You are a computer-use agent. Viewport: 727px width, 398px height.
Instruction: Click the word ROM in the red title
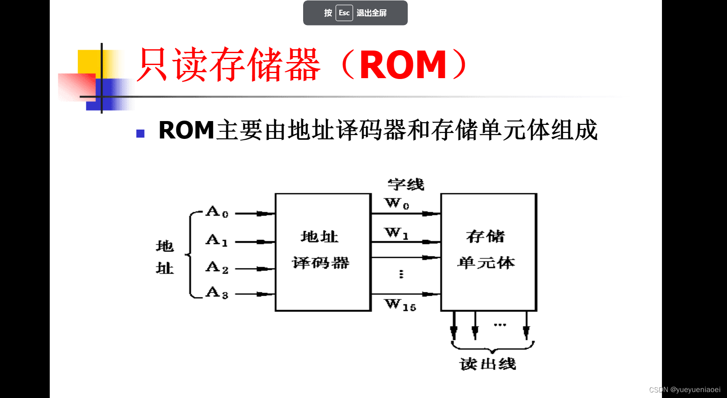(403, 65)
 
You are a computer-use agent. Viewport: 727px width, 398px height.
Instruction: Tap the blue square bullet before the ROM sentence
(140, 134)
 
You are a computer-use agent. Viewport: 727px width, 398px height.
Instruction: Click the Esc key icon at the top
(344, 13)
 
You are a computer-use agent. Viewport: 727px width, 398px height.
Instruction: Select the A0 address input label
(217, 212)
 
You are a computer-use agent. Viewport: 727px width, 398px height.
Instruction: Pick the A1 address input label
(217, 240)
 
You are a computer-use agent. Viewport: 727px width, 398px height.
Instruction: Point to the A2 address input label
(217, 267)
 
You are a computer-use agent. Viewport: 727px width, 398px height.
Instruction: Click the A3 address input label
(217, 292)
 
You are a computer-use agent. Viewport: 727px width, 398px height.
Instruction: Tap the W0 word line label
(397, 203)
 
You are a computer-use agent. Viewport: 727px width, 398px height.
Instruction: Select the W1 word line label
(396, 233)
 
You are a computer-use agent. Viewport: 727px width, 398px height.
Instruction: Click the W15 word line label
(400, 305)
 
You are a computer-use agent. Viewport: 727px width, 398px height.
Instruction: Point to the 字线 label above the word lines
(406, 184)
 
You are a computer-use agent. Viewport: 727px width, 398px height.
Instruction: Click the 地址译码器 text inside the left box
(320, 250)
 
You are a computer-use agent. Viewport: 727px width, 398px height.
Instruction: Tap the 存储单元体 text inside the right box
(486, 250)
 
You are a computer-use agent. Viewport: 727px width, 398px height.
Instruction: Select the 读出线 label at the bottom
(488, 364)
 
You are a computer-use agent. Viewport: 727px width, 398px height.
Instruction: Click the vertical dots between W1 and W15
(401, 274)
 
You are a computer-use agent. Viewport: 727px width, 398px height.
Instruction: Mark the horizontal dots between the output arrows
(500, 325)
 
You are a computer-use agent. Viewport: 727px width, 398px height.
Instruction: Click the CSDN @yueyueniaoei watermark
(684, 390)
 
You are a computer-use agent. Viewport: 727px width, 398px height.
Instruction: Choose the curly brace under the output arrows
(492, 347)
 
